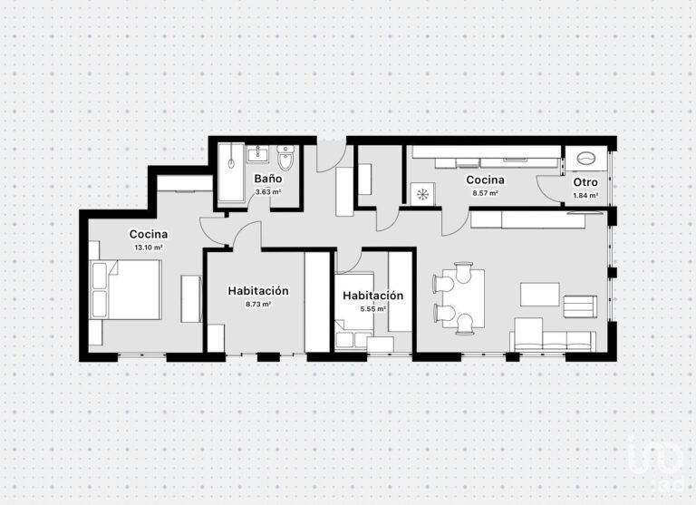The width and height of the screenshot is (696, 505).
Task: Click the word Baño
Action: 267,180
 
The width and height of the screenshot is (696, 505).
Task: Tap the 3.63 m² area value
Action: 267,192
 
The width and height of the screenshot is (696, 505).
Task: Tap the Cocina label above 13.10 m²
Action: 148,234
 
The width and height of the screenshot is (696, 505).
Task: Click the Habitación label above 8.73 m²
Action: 258,291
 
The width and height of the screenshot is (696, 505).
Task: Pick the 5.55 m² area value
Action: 372,308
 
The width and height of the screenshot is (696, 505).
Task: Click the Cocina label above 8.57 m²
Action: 486,180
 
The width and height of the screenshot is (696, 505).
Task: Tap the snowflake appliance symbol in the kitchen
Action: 420,192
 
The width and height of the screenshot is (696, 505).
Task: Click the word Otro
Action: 585,182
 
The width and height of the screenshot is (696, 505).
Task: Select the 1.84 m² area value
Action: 585,195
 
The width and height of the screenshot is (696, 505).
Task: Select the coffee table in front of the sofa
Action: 540,295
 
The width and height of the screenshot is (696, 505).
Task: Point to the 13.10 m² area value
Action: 148,247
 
